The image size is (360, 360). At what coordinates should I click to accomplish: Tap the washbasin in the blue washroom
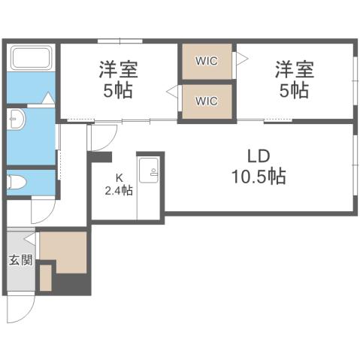[17, 121]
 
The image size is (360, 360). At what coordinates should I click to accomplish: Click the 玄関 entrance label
[20, 262]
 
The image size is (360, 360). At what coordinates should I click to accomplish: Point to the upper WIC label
[207, 62]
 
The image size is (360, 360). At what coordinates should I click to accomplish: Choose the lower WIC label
[207, 100]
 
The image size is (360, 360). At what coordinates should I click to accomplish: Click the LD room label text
[259, 157]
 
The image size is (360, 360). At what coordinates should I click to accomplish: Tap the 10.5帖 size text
[259, 177]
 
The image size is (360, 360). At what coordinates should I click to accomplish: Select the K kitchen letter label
[118, 178]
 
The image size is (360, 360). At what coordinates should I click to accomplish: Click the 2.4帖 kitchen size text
[119, 191]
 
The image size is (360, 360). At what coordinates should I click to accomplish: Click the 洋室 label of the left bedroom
[119, 70]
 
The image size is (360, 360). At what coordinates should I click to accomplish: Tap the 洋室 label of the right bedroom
[292, 70]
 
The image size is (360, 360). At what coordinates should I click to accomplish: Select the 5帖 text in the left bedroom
[119, 90]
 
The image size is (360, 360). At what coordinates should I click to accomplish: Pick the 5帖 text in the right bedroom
[292, 90]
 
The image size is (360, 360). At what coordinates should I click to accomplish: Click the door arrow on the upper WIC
[242, 58]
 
